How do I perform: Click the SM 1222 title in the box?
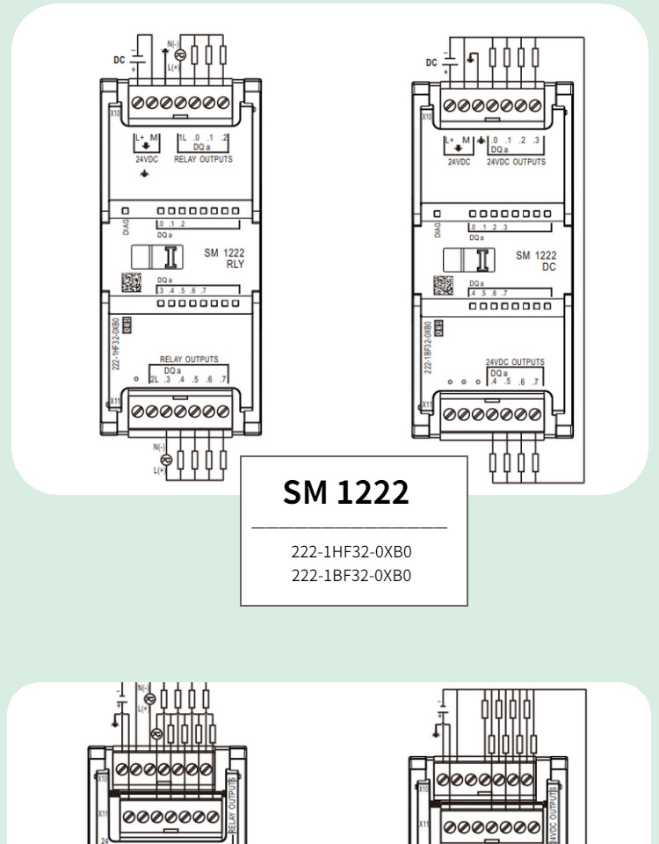click(x=346, y=492)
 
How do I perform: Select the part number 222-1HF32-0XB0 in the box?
click(x=351, y=553)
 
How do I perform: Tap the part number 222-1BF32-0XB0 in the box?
click(x=351, y=576)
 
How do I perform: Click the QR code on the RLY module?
click(x=131, y=283)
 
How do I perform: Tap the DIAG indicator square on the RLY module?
click(x=126, y=212)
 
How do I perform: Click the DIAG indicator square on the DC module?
click(x=438, y=214)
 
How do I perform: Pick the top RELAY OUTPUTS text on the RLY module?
click(x=203, y=160)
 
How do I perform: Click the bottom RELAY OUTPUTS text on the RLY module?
click(x=189, y=360)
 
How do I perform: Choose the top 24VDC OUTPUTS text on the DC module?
click(x=517, y=162)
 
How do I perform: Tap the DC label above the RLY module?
click(x=119, y=60)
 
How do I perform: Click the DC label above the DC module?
click(x=431, y=62)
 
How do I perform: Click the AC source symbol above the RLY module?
click(x=180, y=55)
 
